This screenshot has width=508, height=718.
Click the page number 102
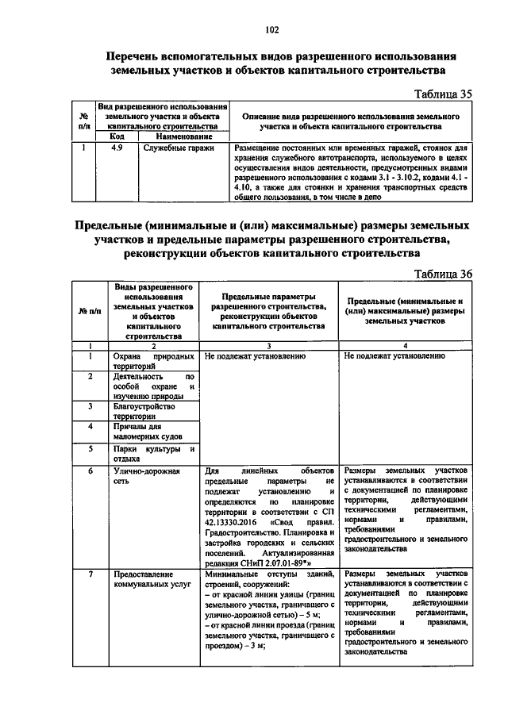[x=271, y=30]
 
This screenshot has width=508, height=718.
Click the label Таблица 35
[x=444, y=94]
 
